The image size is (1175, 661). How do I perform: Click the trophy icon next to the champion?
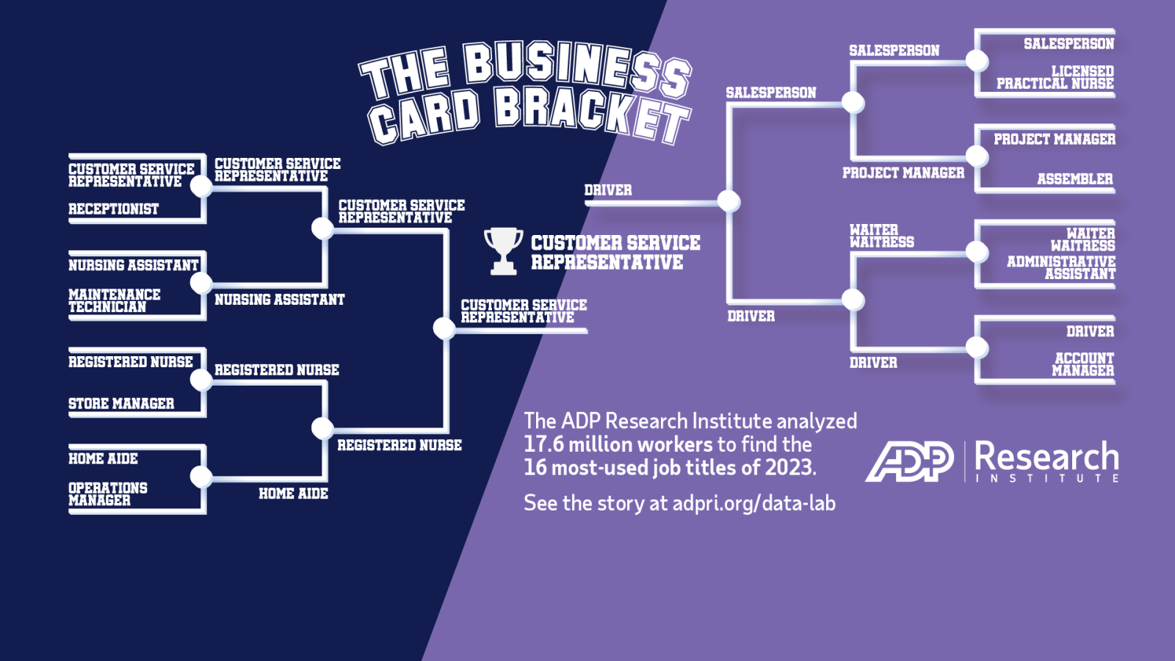[x=503, y=250]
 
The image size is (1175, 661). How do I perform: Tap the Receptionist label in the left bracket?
[x=113, y=209]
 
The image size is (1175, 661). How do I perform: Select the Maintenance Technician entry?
[x=115, y=301]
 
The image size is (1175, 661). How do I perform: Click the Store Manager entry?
[x=121, y=403]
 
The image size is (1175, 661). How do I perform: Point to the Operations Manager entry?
[x=107, y=494]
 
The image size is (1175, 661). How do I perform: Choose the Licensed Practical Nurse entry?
[x=1055, y=78]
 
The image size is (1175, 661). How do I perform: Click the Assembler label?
[x=1075, y=179]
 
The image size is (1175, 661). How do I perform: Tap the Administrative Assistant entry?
[x=1061, y=268]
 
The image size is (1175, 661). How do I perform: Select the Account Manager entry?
[x=1082, y=364]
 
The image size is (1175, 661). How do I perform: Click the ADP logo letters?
[x=909, y=462]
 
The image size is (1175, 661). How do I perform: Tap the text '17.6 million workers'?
[x=618, y=445]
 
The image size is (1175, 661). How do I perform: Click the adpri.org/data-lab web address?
[x=753, y=503]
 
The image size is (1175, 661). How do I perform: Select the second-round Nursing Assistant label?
[x=280, y=300]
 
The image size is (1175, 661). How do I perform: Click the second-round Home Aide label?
[x=293, y=494]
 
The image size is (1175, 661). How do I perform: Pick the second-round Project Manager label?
[x=903, y=173]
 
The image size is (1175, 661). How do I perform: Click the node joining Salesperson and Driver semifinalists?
[x=728, y=201]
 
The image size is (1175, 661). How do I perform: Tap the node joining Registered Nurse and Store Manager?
[x=201, y=380]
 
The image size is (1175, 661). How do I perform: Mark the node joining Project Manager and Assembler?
[x=977, y=156]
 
